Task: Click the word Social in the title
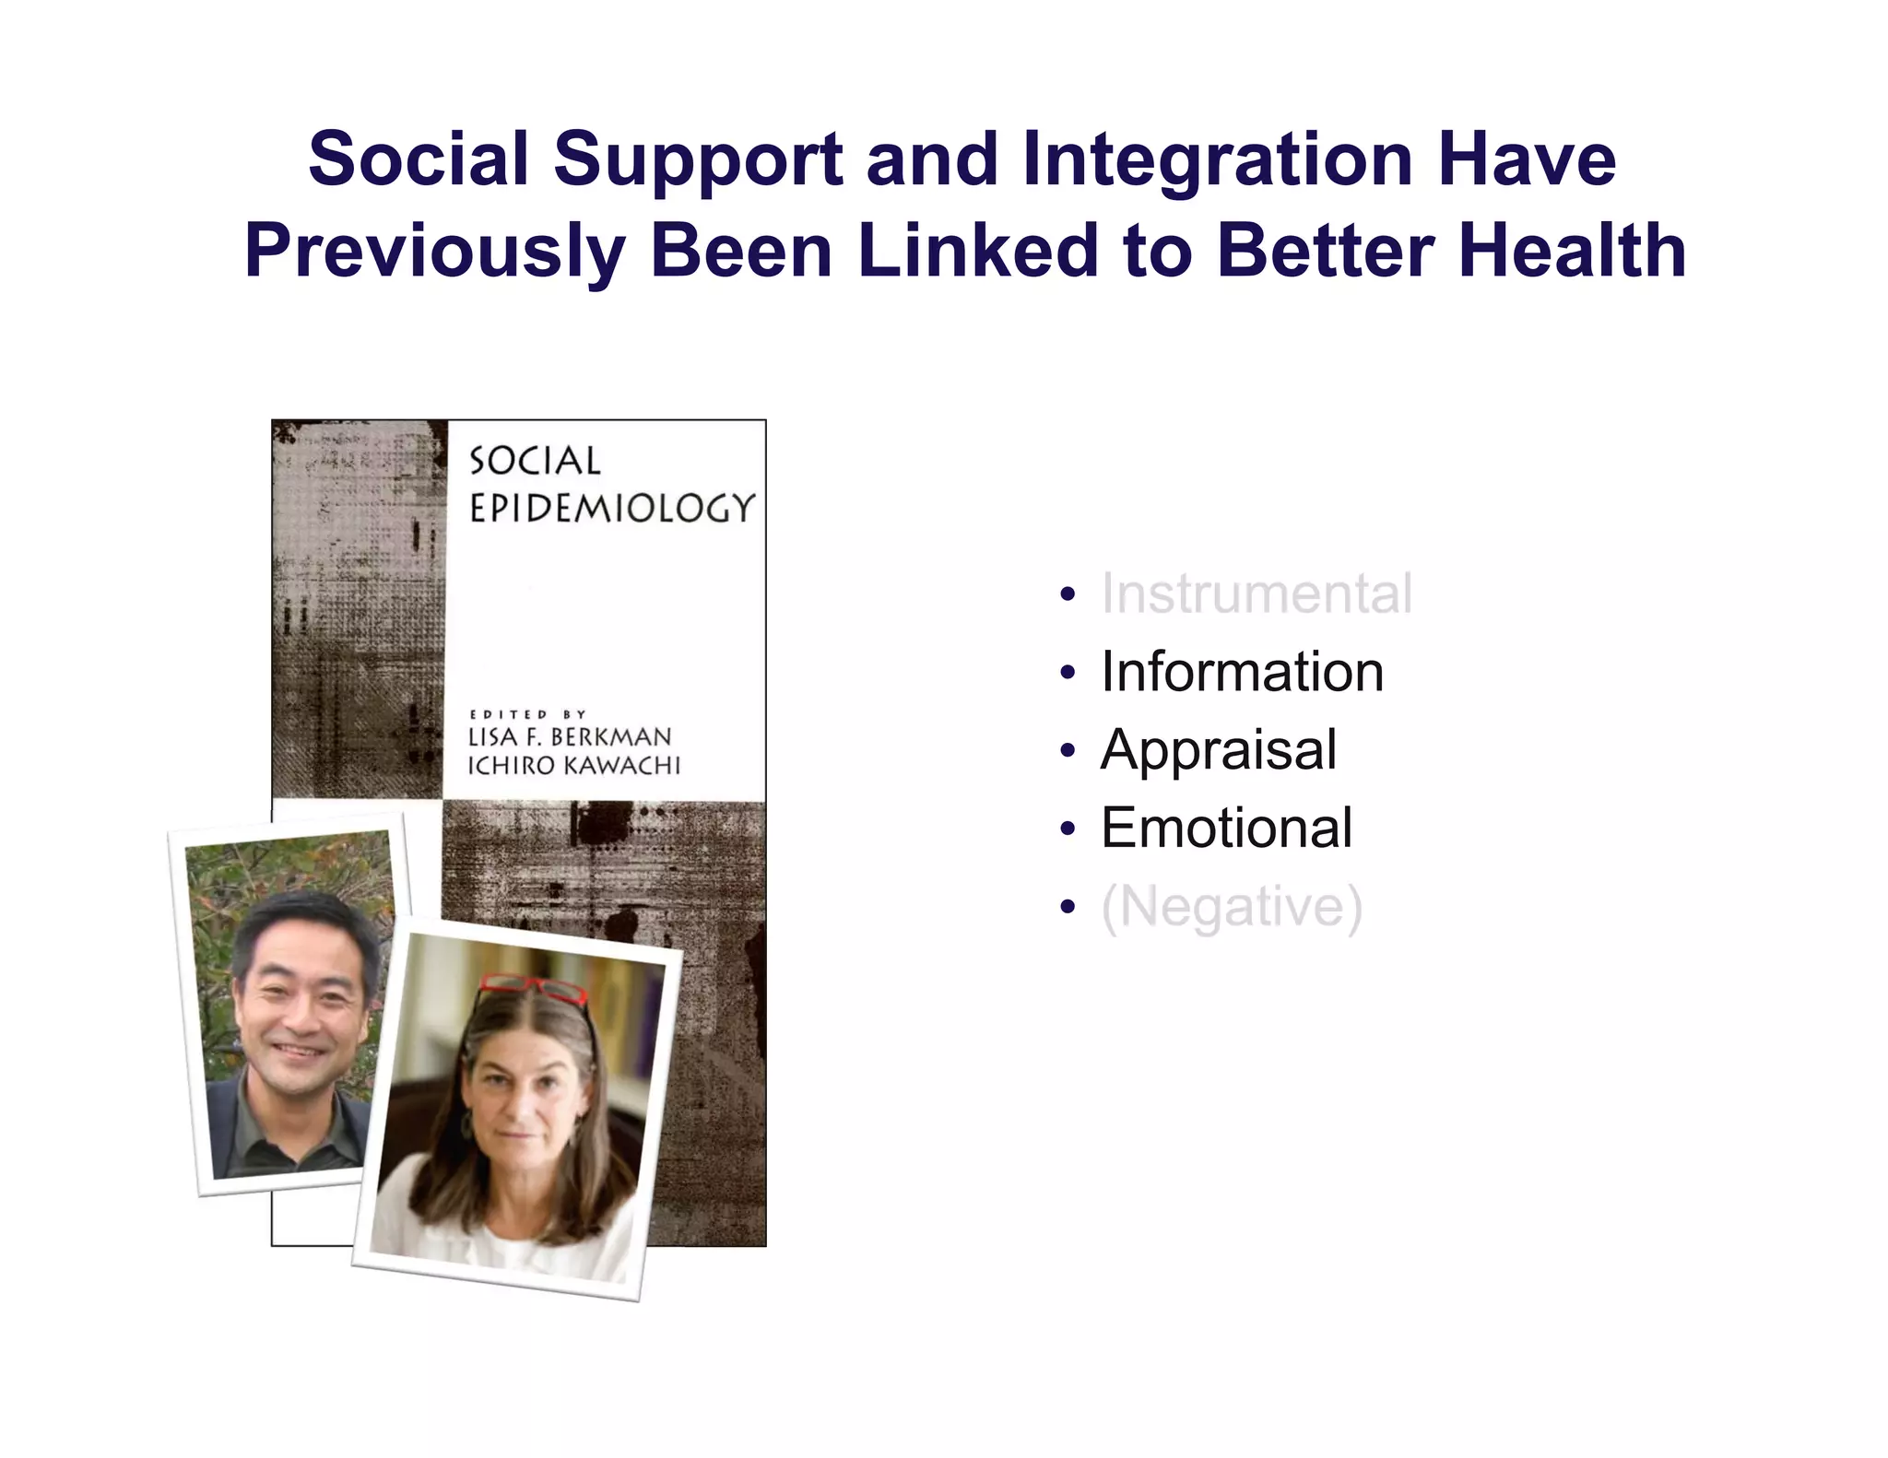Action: [x=419, y=159]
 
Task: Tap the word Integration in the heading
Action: [x=1217, y=159]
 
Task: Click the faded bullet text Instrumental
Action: [x=1256, y=594]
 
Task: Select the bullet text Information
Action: [x=1242, y=672]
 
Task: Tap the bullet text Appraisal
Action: [x=1218, y=749]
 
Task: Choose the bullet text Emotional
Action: [x=1226, y=828]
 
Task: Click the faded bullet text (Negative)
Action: [x=1231, y=907]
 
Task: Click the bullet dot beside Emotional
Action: [x=1068, y=829]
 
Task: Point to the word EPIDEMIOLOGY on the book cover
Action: [x=611, y=508]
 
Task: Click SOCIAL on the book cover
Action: [x=535, y=461]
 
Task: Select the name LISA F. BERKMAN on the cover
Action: [x=570, y=737]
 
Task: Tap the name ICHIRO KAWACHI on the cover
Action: [x=573, y=766]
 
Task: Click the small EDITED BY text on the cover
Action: [x=527, y=714]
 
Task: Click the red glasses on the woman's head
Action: [x=535, y=989]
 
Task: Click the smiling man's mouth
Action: [x=300, y=1052]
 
